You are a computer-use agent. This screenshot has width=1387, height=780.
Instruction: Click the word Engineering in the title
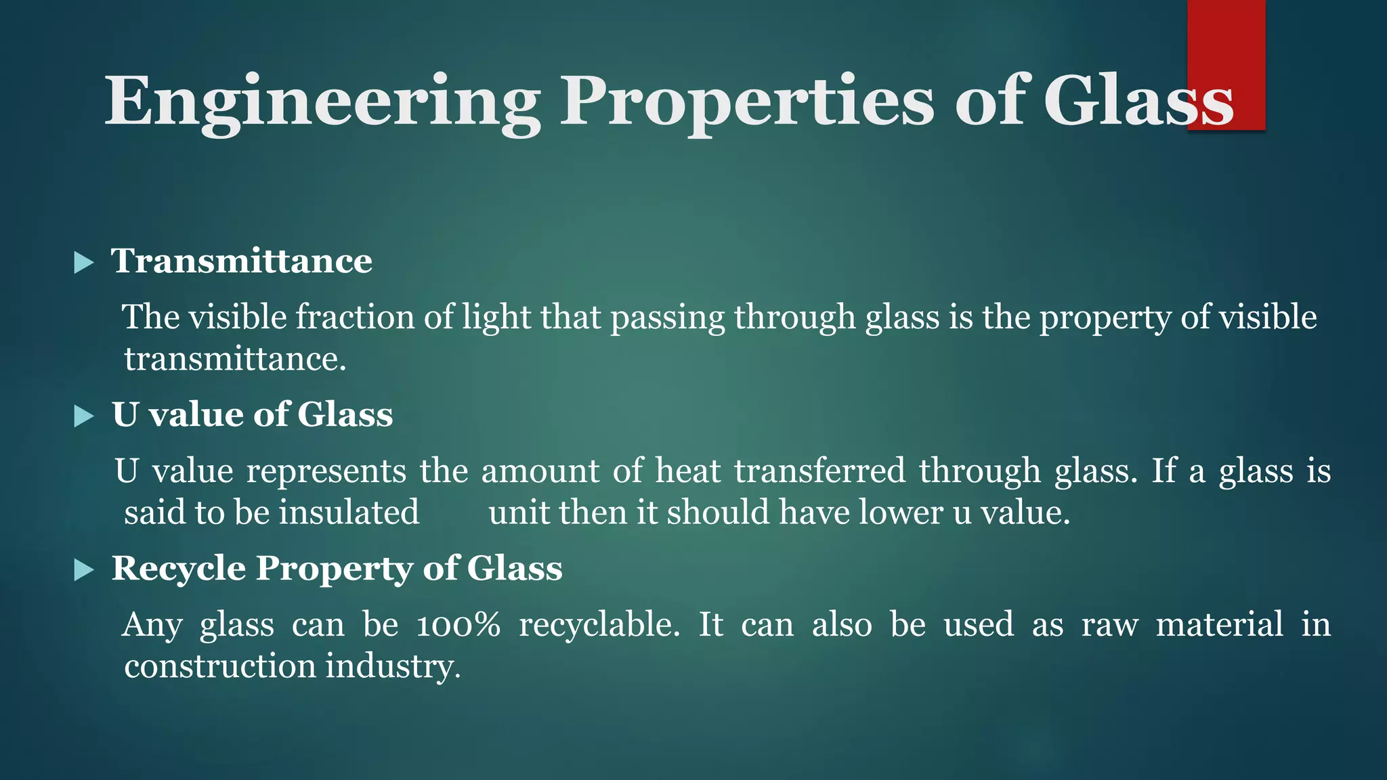pyautogui.click(x=322, y=102)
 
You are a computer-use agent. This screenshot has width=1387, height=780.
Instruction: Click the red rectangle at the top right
pyautogui.click(x=1226, y=41)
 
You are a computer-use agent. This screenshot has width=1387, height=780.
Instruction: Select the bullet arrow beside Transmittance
pyautogui.click(x=83, y=262)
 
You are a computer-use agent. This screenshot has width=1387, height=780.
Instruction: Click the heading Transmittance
pyautogui.click(x=242, y=261)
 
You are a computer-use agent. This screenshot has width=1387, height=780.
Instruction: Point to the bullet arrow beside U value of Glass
pyautogui.click(x=83, y=416)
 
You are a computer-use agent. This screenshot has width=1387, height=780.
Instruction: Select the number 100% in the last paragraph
pyautogui.click(x=458, y=624)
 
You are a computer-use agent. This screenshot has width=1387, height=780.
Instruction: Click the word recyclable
pyautogui.click(x=599, y=624)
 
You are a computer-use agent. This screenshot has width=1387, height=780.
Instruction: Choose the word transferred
pyautogui.click(x=819, y=471)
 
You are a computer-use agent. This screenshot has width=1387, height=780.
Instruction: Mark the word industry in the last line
pyautogui.click(x=392, y=667)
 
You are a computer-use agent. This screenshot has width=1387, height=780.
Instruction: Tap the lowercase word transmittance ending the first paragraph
pyautogui.click(x=234, y=359)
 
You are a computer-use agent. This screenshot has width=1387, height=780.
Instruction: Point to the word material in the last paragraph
pyautogui.click(x=1219, y=624)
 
